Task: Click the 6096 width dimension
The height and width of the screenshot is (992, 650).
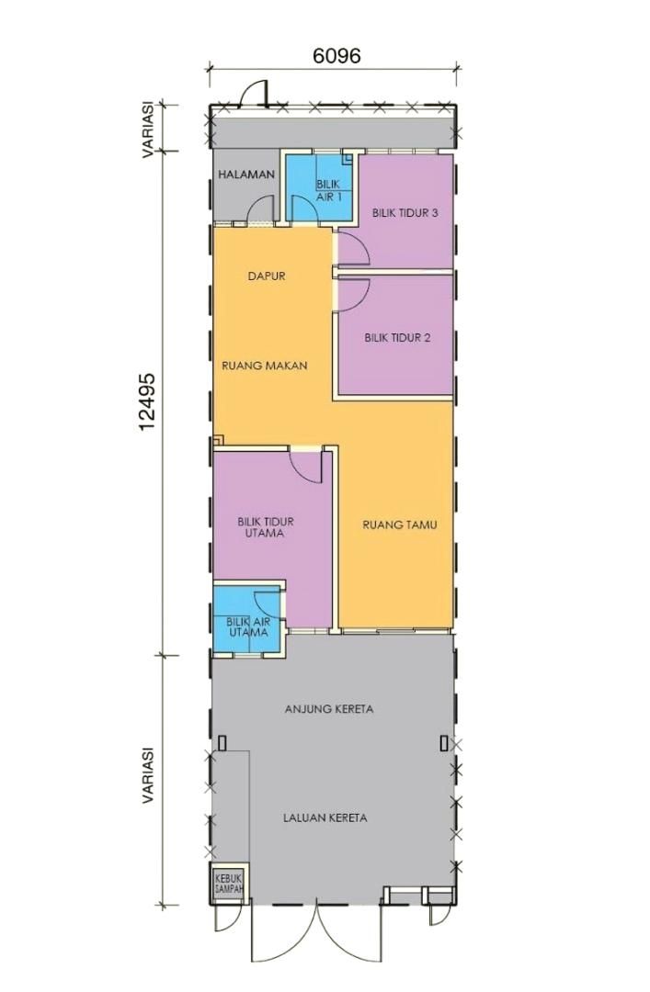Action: pyautogui.click(x=336, y=56)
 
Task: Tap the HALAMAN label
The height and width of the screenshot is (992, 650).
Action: pyautogui.click(x=246, y=175)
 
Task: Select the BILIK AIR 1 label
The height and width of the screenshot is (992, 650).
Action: pyautogui.click(x=329, y=190)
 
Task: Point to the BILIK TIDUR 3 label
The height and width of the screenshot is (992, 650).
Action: pyautogui.click(x=405, y=213)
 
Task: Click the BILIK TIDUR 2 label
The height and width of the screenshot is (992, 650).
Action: pyautogui.click(x=397, y=338)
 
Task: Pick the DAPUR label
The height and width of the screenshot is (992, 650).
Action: pyautogui.click(x=266, y=276)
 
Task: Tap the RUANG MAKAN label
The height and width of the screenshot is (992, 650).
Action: pyautogui.click(x=264, y=366)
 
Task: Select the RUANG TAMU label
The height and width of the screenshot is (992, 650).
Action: pyautogui.click(x=400, y=524)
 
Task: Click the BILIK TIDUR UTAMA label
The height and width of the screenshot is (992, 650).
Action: pyautogui.click(x=266, y=527)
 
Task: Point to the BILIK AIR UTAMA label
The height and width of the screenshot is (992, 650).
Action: pyautogui.click(x=248, y=627)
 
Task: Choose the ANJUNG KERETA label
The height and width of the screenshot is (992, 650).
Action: pyautogui.click(x=329, y=709)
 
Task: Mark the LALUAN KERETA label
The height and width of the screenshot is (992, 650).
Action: pyautogui.click(x=325, y=818)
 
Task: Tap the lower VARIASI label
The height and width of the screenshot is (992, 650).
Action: pyautogui.click(x=148, y=775)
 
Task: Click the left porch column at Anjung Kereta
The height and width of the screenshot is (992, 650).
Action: pyautogui.click(x=222, y=742)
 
